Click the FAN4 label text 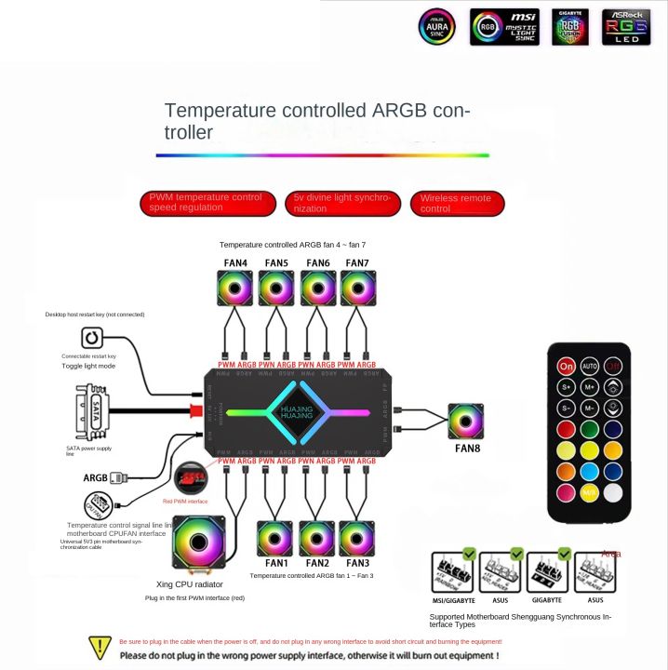tap(235, 263)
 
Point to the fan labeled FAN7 tap(357, 288)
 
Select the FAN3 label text tap(358, 563)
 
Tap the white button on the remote tap(614, 492)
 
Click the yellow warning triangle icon tap(100, 647)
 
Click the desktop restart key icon tap(94, 338)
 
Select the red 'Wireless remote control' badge tap(457, 203)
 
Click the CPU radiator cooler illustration tap(200, 546)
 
